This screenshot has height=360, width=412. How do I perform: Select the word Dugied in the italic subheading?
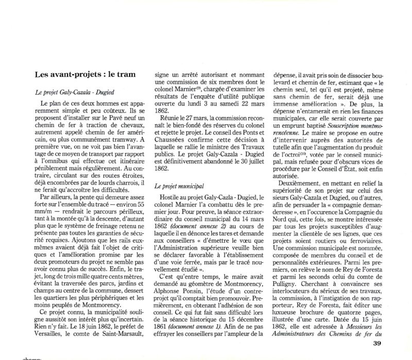pos(111,91)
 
